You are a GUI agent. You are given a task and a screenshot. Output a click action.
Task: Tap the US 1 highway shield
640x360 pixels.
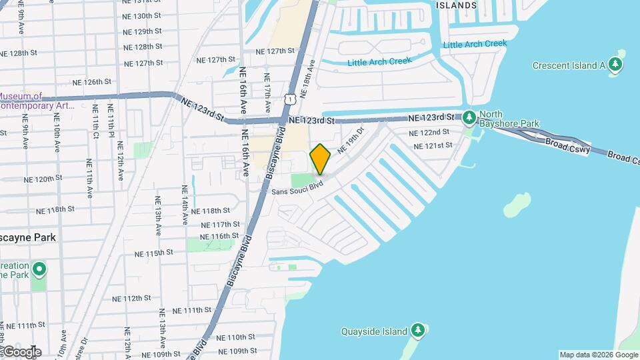[x=289, y=99]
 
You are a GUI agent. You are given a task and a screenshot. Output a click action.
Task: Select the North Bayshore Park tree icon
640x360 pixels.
[x=469, y=118]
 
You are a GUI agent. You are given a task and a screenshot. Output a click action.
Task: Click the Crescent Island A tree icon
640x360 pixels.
[x=616, y=65]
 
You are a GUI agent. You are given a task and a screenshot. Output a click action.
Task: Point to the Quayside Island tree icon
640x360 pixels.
[x=417, y=331]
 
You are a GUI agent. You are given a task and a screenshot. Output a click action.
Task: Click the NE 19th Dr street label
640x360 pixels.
[x=351, y=141]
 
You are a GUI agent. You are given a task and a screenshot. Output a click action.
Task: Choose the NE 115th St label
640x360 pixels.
[x=154, y=253]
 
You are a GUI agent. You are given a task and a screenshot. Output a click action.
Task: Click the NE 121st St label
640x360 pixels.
[x=433, y=145]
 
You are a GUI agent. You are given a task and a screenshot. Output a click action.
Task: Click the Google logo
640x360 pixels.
[x=21, y=352]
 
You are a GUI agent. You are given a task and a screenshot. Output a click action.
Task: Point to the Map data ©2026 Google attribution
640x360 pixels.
[x=599, y=355]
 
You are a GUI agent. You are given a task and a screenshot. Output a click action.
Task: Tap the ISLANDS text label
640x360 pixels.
[x=457, y=5]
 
